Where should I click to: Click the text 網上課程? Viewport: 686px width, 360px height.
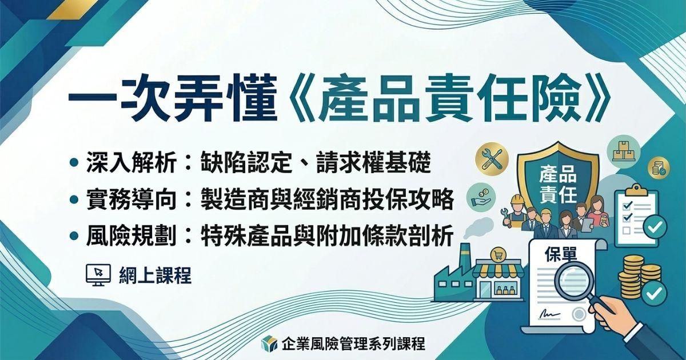tap(155, 275)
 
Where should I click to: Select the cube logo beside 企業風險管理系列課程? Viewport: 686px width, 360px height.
tap(269, 343)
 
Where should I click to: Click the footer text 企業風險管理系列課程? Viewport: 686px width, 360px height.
tap(353, 343)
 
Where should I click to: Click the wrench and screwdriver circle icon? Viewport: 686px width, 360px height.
tap(491, 158)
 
